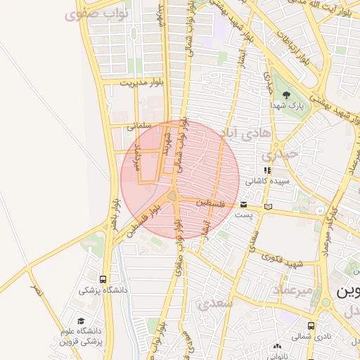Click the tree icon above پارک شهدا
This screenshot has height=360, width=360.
click(285, 94)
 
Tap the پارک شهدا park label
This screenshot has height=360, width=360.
click(285, 105)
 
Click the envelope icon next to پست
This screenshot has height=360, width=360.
click(243, 205)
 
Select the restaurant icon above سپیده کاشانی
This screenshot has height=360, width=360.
click(266, 170)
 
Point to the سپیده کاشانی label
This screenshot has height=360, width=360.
click(266, 181)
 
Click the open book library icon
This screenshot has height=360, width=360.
click(267, 207)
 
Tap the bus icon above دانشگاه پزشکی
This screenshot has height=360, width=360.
click(104, 279)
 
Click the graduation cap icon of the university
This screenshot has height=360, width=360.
click(80, 320)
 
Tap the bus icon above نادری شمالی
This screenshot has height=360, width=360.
click(312, 326)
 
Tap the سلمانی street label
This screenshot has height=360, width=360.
click(141, 127)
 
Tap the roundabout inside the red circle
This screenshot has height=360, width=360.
click(173, 195)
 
